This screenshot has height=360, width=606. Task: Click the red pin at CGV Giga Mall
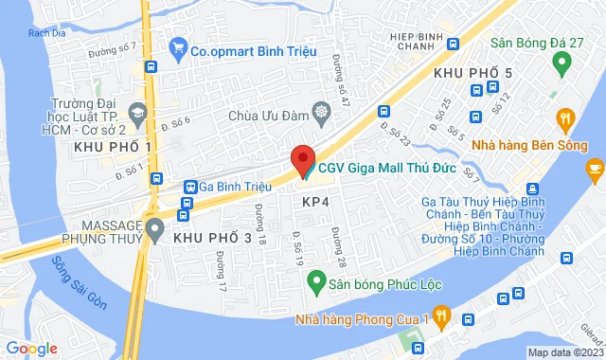[302, 158]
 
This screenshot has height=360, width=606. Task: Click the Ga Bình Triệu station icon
[190, 188]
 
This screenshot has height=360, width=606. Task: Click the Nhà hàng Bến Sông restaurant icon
[565, 118]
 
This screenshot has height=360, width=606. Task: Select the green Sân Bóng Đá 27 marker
[561, 63]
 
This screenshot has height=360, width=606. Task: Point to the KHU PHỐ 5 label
[472, 72]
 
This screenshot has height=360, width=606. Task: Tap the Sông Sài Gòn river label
[80, 281]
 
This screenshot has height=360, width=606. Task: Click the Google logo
[31, 348]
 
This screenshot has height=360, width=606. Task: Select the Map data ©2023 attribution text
[563, 352]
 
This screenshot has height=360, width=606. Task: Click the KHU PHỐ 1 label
[113, 147]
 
